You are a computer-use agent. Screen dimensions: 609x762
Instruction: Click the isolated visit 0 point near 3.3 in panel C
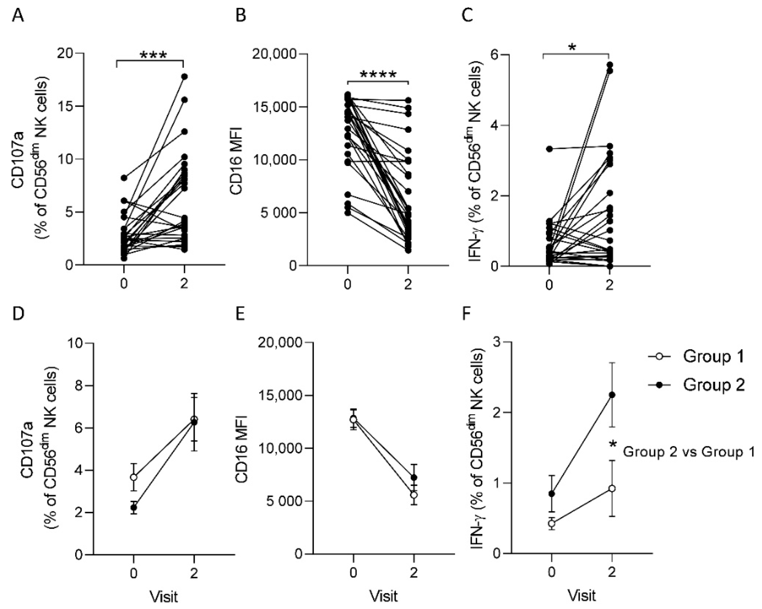549,149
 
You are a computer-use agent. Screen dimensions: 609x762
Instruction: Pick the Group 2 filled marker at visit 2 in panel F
612,395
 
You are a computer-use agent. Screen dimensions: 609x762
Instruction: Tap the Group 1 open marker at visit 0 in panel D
133,477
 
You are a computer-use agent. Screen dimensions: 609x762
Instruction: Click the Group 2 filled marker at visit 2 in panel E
414,477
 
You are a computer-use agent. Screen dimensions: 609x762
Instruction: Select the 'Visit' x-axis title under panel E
384,596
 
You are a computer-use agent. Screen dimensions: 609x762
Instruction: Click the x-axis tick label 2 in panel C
610,285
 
